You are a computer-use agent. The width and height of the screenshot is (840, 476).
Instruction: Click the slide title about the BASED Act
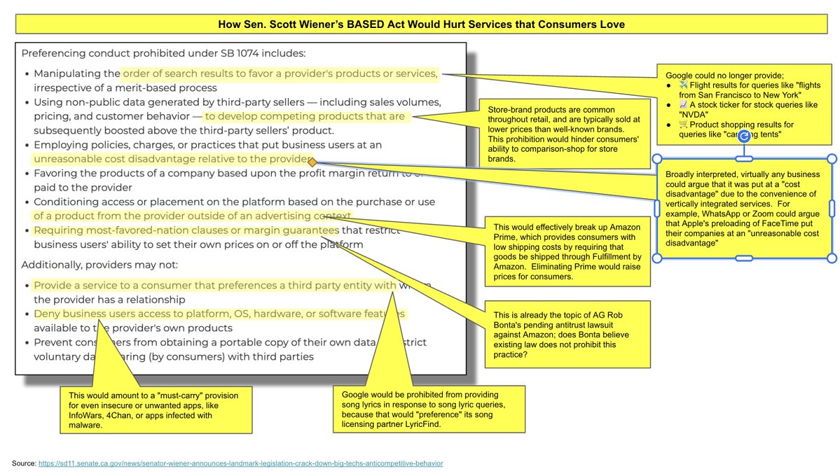421,24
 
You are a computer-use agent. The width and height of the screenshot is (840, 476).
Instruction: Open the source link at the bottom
240,463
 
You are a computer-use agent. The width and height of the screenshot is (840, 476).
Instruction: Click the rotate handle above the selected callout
745,138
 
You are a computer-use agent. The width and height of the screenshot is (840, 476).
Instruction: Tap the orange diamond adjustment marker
312,162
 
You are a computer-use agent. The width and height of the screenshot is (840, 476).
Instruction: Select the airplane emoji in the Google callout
684,85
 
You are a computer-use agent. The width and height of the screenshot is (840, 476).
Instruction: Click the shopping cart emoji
684,125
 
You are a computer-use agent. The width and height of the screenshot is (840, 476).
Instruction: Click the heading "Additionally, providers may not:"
99,265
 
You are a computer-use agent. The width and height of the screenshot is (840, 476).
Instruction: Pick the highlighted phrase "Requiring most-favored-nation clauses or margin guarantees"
186,230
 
